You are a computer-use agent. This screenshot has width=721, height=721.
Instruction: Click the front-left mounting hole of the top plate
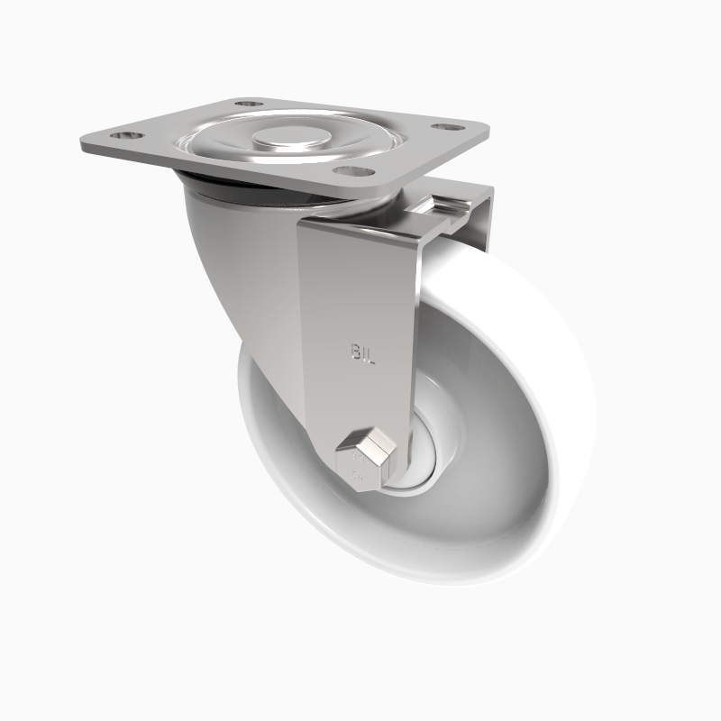coord(127,135)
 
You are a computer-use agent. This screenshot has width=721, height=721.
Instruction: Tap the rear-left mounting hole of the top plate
coord(250,104)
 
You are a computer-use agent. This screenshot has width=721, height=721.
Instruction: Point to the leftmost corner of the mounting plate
coord(79,144)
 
